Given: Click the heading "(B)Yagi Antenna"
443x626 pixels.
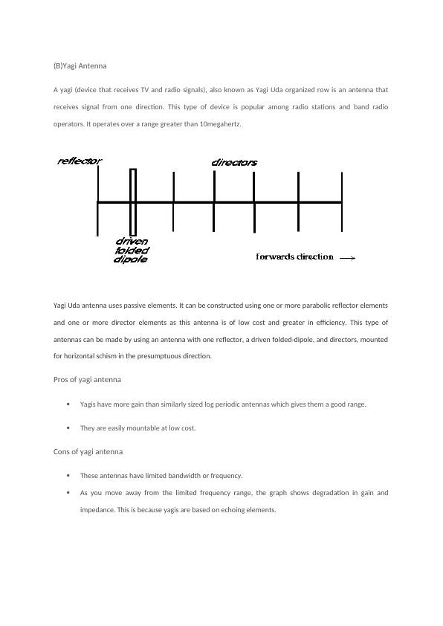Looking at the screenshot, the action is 80,66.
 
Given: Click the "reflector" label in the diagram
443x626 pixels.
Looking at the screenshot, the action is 80,161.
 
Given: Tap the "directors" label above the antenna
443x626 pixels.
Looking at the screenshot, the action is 234,163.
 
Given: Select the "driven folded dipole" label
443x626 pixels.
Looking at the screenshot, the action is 132,251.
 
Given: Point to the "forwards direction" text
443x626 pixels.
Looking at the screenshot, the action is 294,256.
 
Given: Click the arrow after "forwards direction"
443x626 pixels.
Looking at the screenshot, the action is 347,258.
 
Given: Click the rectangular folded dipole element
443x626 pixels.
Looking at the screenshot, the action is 133,202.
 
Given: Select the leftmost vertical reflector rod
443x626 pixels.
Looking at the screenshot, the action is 98,201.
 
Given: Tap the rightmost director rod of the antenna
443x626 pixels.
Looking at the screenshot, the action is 342,201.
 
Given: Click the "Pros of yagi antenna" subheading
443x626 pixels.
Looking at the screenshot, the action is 87,380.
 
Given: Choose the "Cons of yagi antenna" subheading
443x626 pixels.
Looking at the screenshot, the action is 88,451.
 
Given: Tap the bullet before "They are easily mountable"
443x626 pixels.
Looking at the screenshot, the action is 68,428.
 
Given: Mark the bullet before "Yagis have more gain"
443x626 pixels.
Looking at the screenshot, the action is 68,404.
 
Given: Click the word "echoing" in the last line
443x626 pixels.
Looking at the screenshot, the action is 233,510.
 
